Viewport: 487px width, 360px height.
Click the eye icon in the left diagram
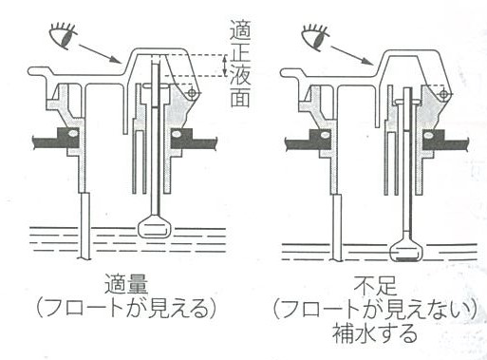[x=63, y=35]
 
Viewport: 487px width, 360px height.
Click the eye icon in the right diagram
[x=315, y=36]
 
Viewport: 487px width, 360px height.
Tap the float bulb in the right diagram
[x=406, y=252]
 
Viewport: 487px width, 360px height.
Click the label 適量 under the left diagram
[x=126, y=284]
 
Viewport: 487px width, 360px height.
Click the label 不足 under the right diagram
[x=375, y=286]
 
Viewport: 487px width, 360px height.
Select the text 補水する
[x=375, y=333]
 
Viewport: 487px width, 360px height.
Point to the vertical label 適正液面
[x=240, y=64]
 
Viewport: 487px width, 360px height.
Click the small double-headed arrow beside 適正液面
[x=225, y=66]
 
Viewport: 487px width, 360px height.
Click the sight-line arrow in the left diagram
[x=99, y=53]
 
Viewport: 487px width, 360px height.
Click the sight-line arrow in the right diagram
[x=351, y=55]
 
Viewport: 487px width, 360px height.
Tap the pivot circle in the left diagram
[x=192, y=93]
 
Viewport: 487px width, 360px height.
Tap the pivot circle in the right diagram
[x=444, y=94]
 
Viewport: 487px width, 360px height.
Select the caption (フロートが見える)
[x=126, y=308]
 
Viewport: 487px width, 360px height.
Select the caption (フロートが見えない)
[x=375, y=310]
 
